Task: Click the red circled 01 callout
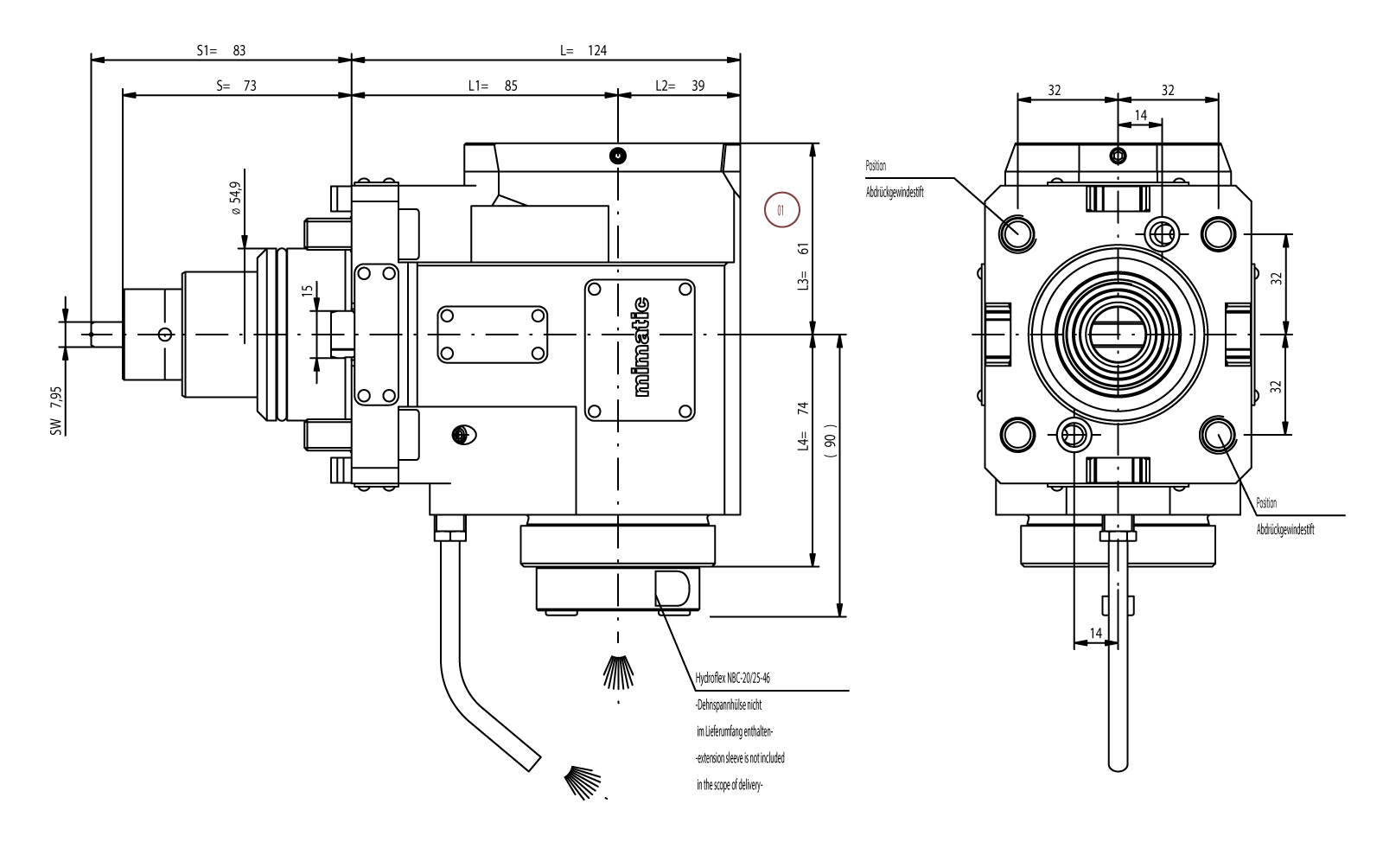782,210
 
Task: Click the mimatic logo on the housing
641,347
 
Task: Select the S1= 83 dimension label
221,50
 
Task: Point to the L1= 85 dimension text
493,86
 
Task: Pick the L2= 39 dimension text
679,86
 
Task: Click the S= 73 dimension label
236,86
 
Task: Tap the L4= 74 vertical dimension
803,427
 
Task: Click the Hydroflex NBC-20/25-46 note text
733,679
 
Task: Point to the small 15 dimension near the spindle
307,291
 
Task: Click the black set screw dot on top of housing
617,156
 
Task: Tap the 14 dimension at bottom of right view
1095,633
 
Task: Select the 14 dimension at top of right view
1140,115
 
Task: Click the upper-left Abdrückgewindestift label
894,193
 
